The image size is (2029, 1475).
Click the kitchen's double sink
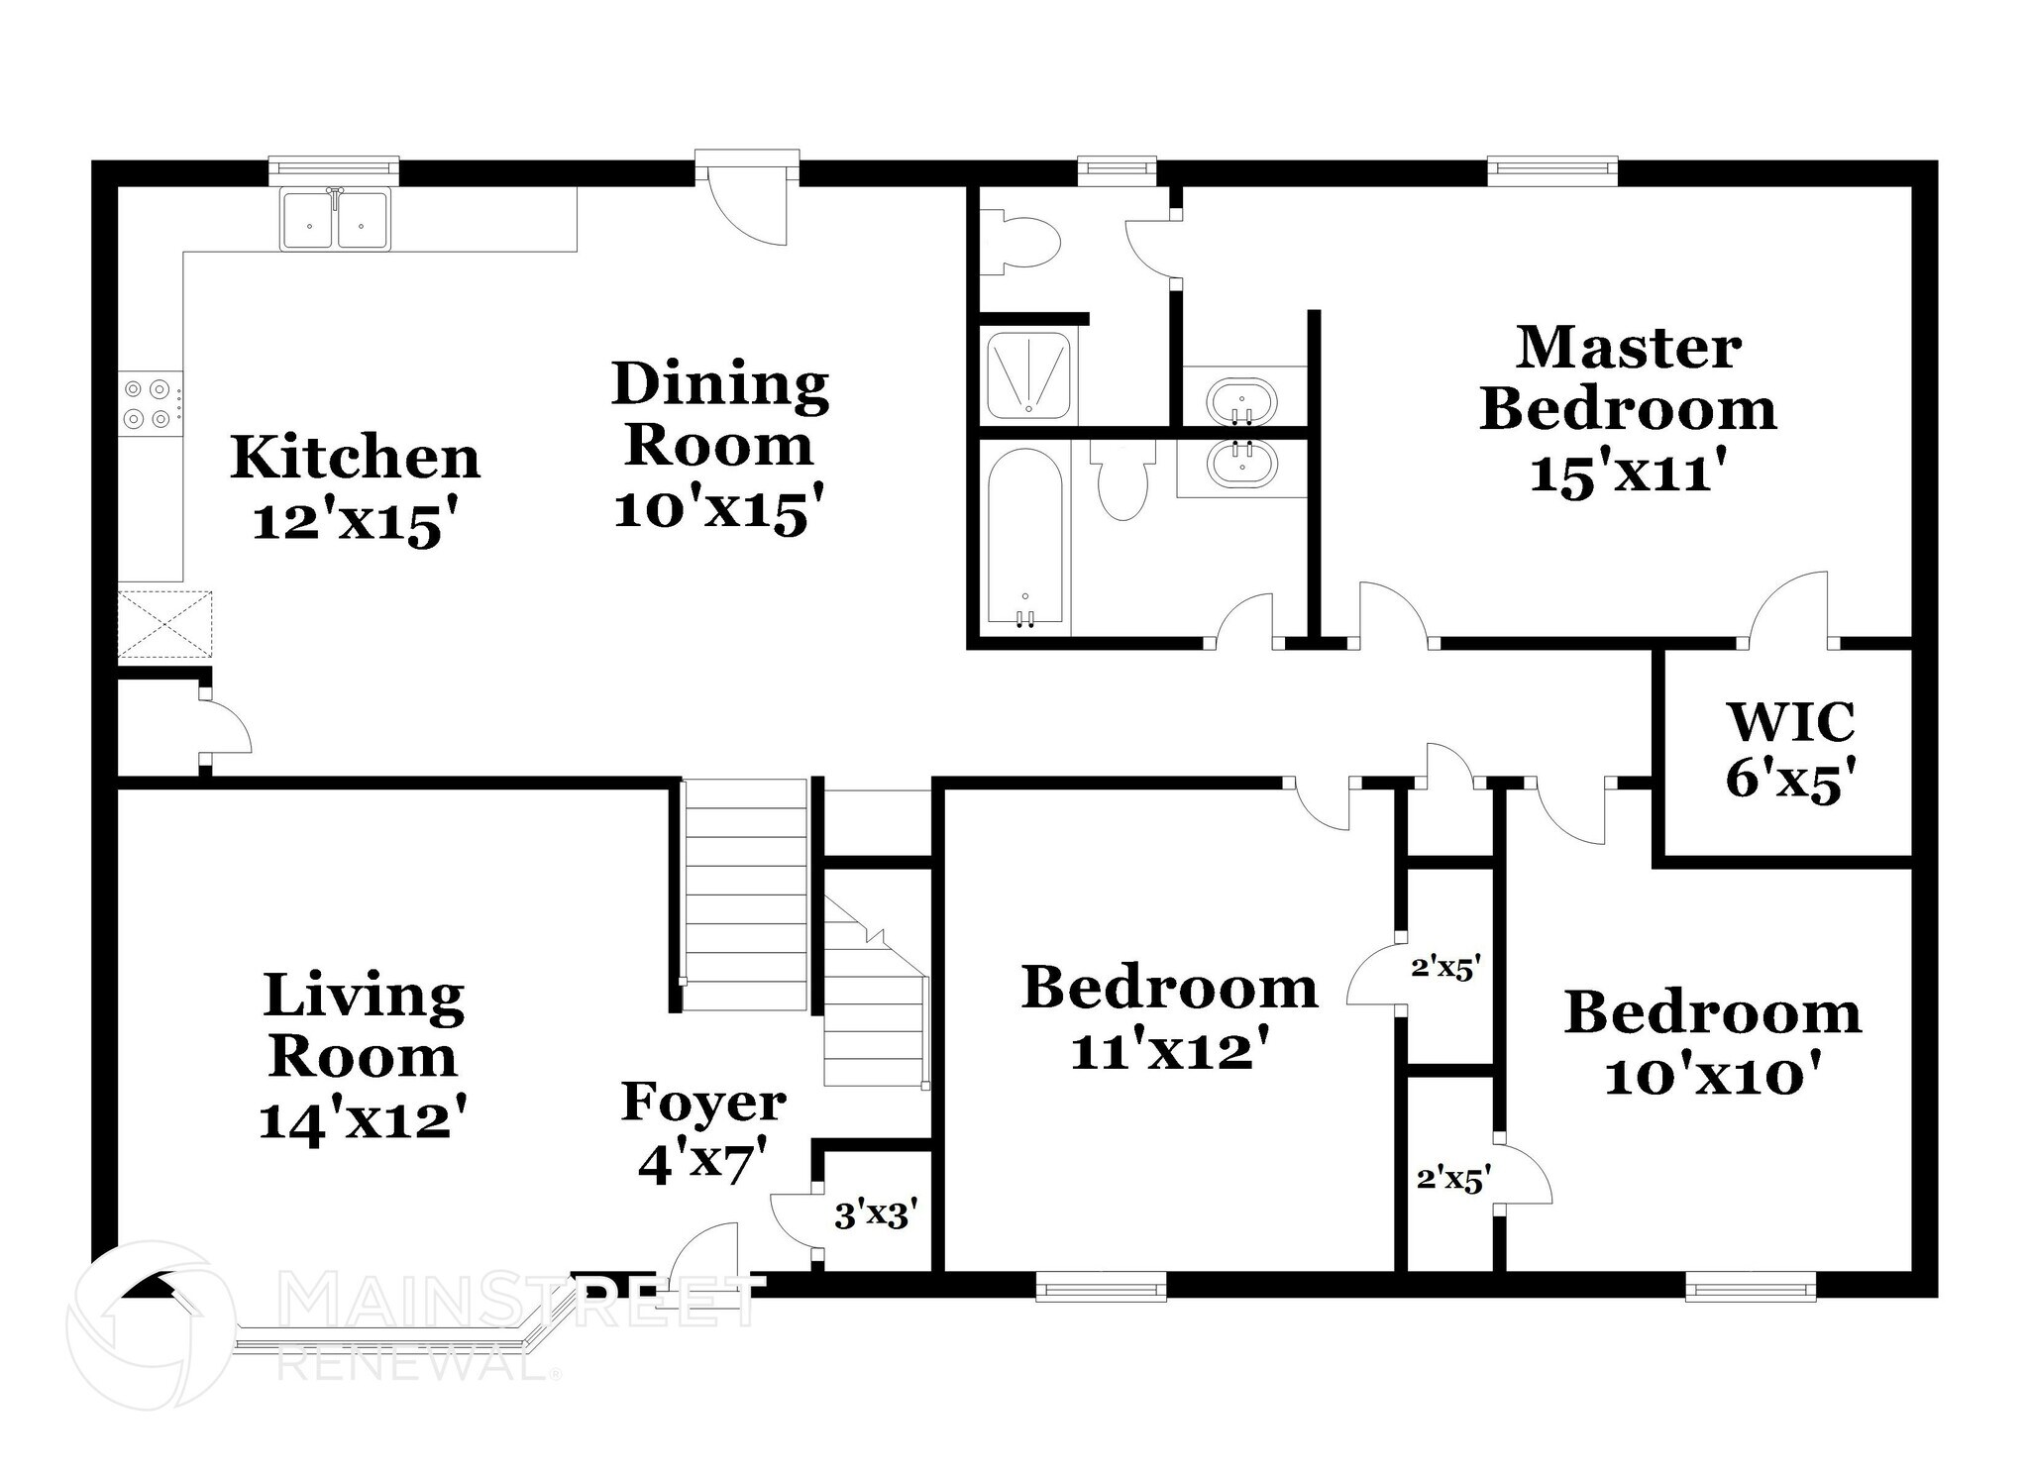click(x=336, y=219)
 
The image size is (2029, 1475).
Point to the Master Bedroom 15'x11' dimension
click(x=1629, y=473)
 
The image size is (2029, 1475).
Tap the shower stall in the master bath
click(x=1028, y=376)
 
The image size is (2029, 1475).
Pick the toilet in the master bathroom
click(x=1019, y=242)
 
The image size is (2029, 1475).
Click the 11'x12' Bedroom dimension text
click(x=1170, y=1050)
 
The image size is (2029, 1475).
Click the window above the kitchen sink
click(x=334, y=171)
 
